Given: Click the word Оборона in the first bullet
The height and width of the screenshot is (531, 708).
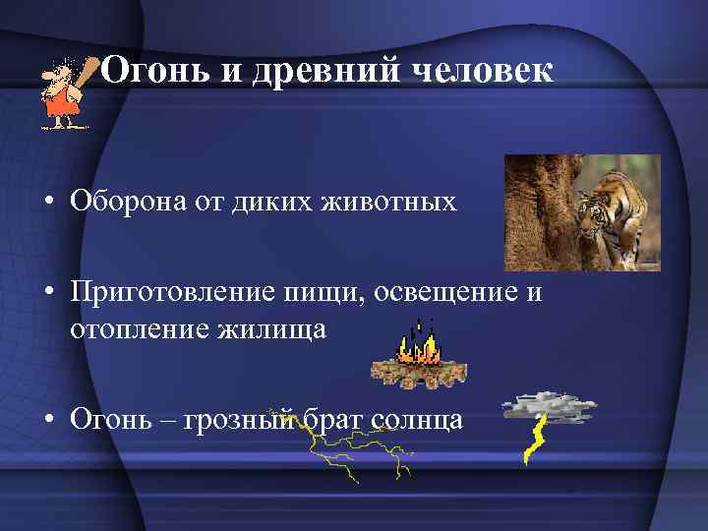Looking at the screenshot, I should (x=123, y=203).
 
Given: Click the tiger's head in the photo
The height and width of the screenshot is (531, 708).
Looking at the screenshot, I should (x=596, y=207).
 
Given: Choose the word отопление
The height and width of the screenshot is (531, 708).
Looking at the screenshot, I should (x=131, y=328).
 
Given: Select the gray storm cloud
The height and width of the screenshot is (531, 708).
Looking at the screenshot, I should (x=548, y=404).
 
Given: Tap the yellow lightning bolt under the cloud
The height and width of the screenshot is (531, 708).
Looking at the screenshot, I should (x=535, y=440).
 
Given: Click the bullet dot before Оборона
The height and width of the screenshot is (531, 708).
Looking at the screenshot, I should (x=47, y=204).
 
